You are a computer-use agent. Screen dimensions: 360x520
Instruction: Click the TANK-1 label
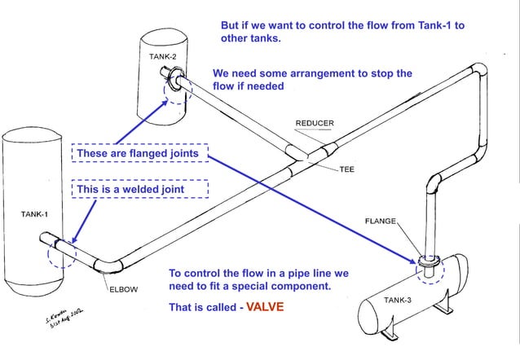(x=34, y=214)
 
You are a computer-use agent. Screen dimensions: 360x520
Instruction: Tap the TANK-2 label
(x=162, y=56)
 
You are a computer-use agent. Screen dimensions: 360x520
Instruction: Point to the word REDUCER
(x=314, y=124)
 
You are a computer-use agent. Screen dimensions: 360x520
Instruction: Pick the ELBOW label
(x=123, y=288)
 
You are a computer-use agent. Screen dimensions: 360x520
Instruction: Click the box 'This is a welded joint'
(x=140, y=189)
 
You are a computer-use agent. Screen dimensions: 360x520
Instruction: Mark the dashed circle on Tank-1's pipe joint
(x=62, y=252)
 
